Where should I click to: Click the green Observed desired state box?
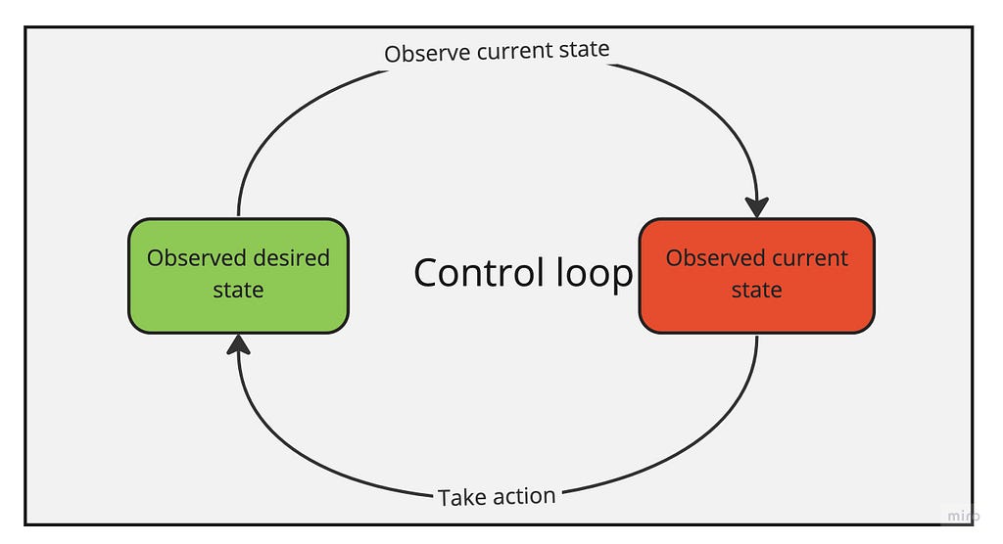click(x=239, y=276)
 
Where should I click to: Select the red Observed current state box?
click(x=757, y=276)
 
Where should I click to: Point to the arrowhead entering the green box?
click(x=239, y=344)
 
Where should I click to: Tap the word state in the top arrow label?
click(x=584, y=49)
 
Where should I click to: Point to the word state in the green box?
click(x=238, y=290)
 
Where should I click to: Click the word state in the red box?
click(x=757, y=290)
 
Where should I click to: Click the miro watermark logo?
click(x=963, y=516)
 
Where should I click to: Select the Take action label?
click(x=497, y=497)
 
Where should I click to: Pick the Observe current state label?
click(x=497, y=51)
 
